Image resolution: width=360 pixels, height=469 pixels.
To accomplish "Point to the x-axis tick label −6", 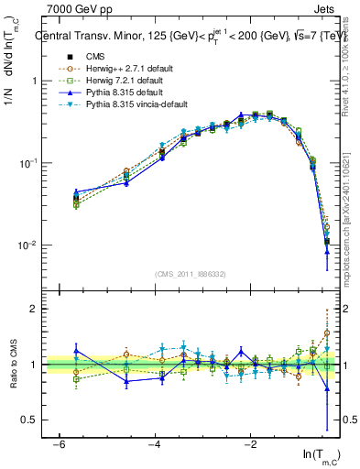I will [58, 443].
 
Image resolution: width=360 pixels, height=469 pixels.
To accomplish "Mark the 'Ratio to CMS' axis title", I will [12, 365].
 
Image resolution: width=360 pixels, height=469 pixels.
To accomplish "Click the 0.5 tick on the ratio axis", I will [29, 420].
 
